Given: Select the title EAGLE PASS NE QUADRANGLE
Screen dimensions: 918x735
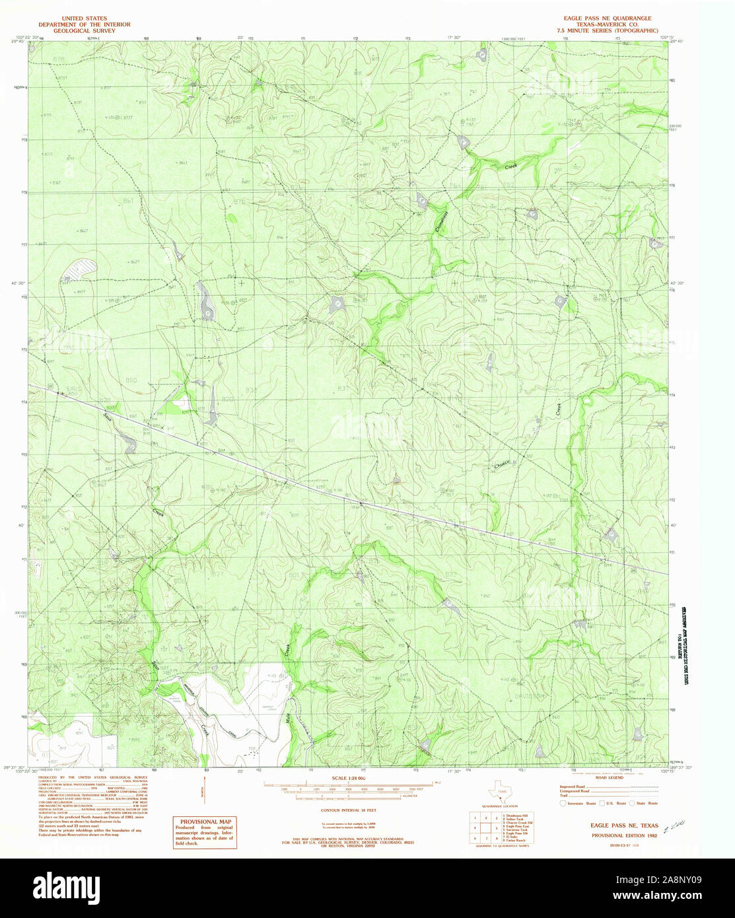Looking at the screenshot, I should click(604, 18).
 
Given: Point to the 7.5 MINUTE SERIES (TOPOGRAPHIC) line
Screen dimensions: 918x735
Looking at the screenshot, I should click(604, 30).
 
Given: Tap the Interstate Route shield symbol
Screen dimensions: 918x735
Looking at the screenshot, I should click(563, 803).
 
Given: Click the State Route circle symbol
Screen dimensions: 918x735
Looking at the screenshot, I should click(631, 803).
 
